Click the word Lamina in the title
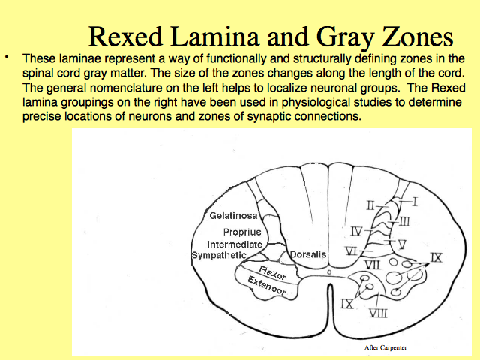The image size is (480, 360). [215, 37]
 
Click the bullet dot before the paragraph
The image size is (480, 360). [7, 57]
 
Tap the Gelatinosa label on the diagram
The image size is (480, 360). [233, 216]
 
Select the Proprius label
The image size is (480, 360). [242, 232]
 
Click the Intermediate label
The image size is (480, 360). [235, 244]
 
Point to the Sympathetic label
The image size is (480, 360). [219, 255]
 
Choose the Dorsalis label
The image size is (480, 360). [308, 254]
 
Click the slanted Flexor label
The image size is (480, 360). [272, 272]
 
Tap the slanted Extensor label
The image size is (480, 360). [267, 285]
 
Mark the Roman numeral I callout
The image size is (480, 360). [415, 202]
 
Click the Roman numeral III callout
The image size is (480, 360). [404, 221]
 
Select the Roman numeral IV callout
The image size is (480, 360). [356, 232]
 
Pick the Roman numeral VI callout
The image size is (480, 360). [351, 251]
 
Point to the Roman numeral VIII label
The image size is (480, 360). [378, 313]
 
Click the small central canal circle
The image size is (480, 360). [329, 271]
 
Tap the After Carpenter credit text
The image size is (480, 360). [385, 347]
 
